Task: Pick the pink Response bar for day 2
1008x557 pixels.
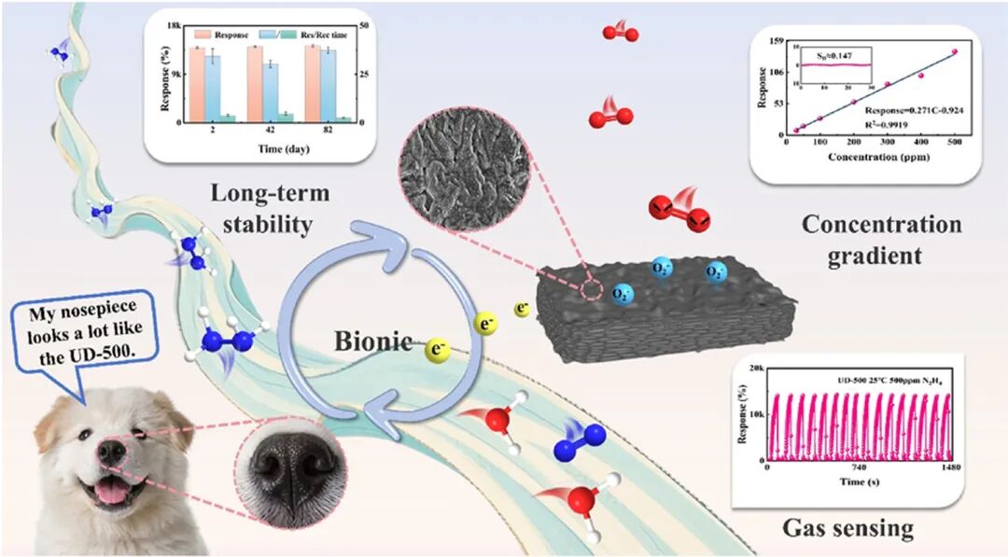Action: pyautogui.click(x=196, y=84)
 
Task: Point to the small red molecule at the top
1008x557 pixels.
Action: pyautogui.click(x=620, y=33)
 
